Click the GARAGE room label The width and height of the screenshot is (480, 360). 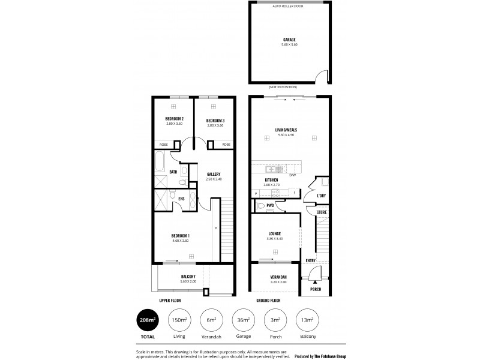coord(290,40)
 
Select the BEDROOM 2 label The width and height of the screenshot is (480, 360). coord(174,119)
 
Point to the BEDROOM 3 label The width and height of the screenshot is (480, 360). coord(215,119)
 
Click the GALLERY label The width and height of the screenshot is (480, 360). coord(214,174)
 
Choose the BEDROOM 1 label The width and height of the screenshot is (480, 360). coord(181,235)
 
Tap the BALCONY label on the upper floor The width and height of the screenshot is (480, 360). coord(188,276)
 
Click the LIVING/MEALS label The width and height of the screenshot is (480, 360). coord(287,130)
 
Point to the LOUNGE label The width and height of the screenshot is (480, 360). coord(275,234)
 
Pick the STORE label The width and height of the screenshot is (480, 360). coord(322,212)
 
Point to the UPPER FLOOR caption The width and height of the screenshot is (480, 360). coord(170,299)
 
